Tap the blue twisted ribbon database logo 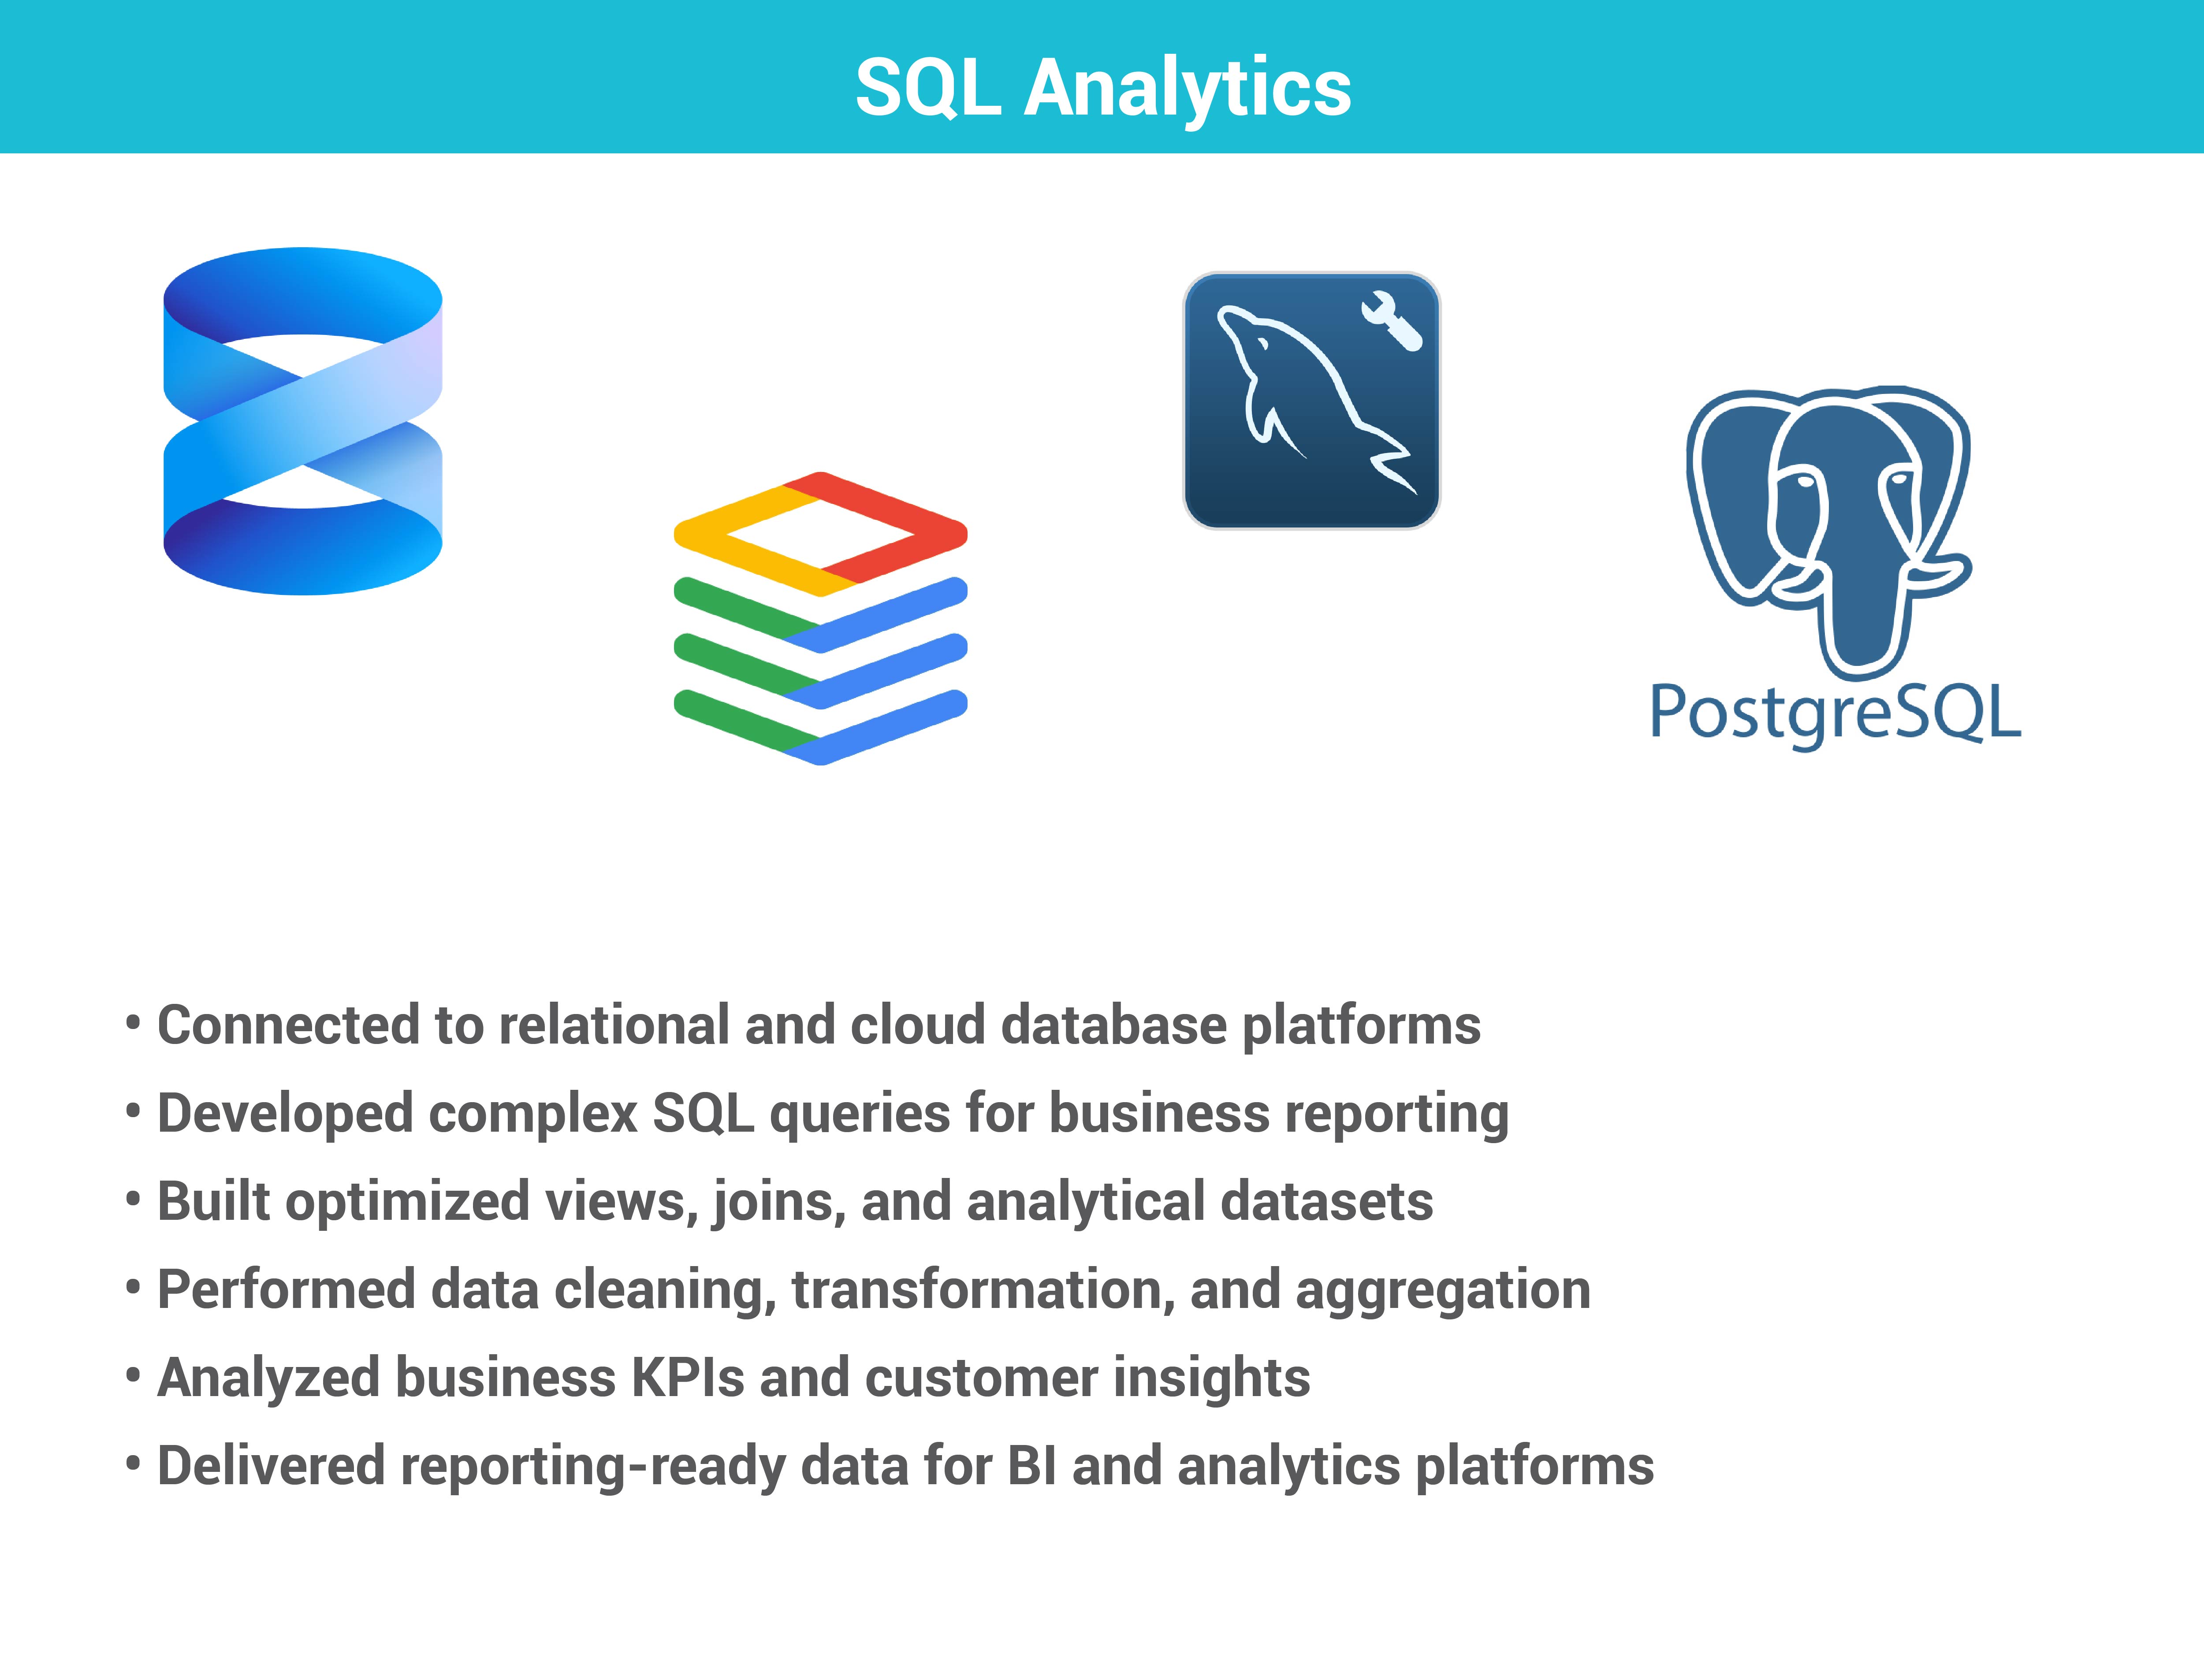(x=303, y=421)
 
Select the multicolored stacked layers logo (x=820, y=618)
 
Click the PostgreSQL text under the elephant (x=1835, y=713)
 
